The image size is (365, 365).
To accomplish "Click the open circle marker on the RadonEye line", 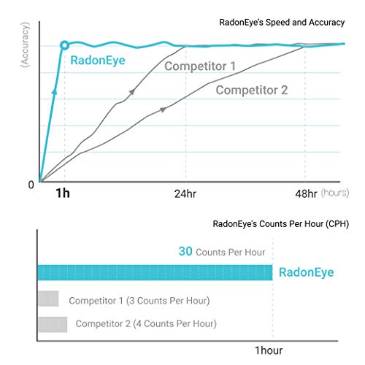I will (65, 45).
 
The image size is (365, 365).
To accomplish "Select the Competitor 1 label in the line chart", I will (199, 66).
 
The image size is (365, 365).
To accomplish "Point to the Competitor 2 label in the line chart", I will (251, 91).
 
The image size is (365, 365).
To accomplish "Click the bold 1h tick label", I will (64, 193).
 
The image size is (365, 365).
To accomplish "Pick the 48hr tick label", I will (304, 194).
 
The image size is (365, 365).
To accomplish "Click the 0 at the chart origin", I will (31, 185).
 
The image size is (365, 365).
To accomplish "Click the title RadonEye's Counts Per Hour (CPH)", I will (280, 224).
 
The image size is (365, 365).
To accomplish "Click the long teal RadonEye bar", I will (154, 272).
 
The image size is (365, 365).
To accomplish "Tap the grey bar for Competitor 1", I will (47, 299).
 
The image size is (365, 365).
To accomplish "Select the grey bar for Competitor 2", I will (52, 323).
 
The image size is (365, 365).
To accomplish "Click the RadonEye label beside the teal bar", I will (305, 272).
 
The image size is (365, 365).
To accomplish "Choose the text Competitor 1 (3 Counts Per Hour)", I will (139, 300).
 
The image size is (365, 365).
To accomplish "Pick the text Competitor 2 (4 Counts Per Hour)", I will (146, 323).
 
